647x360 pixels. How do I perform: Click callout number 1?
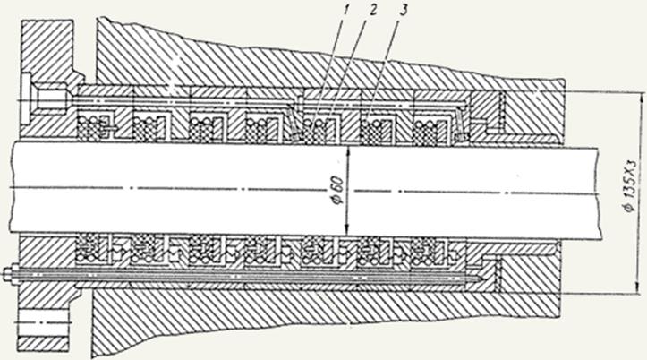coord(344,9)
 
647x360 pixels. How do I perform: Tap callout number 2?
coord(372,9)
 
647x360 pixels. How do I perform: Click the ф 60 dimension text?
coord(338,191)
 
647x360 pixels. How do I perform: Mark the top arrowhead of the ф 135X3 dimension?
coord(642,98)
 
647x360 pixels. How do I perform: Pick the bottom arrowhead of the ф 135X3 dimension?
coord(642,289)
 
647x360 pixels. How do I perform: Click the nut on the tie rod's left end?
coord(7,274)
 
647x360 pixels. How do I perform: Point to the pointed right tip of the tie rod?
coord(482,279)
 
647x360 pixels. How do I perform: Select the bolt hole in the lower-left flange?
coord(43,322)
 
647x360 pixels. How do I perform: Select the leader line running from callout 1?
coord(323,69)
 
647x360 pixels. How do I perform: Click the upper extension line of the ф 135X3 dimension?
coord(605,92)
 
